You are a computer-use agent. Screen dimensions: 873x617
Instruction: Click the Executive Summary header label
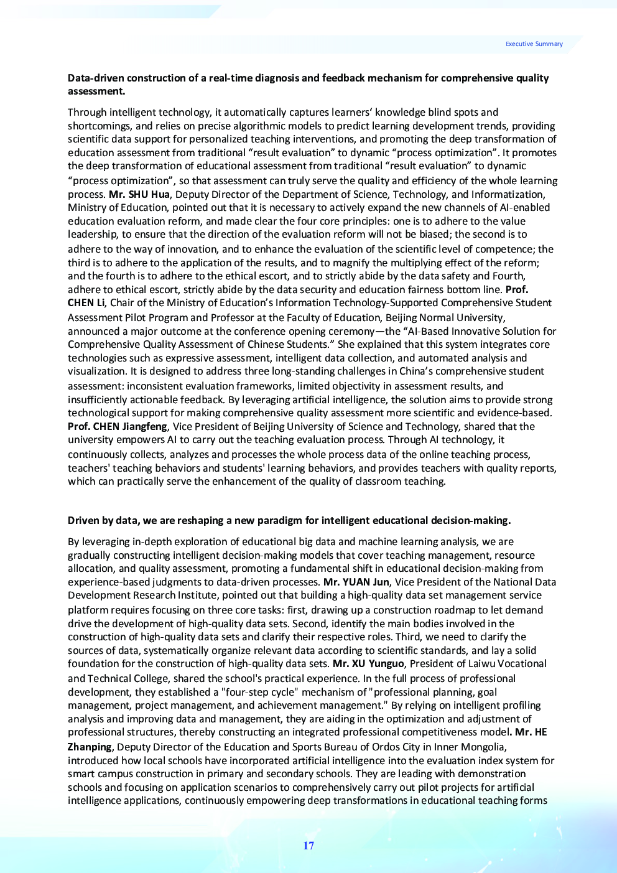(x=534, y=44)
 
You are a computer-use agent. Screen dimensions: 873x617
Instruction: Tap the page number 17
(x=308, y=846)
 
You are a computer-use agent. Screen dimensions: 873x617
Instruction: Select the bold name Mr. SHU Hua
(x=139, y=194)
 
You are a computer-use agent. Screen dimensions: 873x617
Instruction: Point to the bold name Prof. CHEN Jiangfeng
(x=118, y=426)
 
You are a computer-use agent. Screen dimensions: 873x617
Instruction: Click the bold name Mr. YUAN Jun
(x=356, y=582)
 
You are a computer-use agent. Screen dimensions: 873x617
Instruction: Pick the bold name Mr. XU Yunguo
(x=368, y=663)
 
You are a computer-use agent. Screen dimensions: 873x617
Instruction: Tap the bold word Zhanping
(x=90, y=747)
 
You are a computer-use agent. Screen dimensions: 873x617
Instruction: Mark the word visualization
(x=96, y=371)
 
